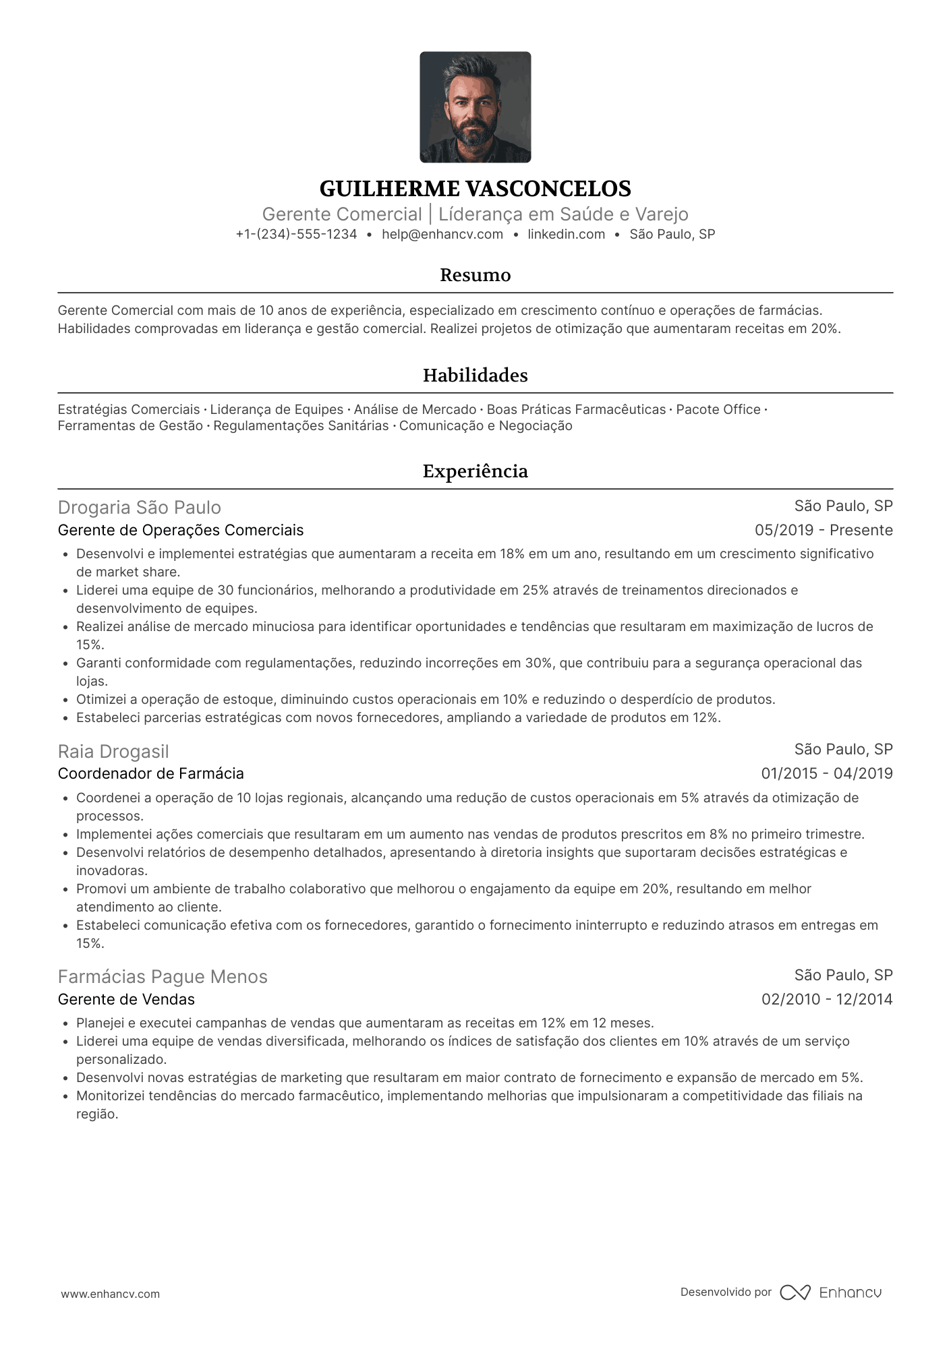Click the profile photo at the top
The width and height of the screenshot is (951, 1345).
(475, 107)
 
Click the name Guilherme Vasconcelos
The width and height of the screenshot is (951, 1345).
(475, 188)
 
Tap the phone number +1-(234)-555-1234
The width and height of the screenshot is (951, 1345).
(296, 235)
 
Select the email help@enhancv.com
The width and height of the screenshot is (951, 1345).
(442, 235)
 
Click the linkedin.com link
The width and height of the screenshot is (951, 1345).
(566, 235)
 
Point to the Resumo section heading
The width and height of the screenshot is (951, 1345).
(475, 275)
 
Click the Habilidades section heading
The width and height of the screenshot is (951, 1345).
(475, 376)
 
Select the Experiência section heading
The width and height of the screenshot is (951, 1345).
(475, 471)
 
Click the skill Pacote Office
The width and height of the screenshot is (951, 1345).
(718, 410)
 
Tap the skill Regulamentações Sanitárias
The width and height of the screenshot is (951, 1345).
(301, 426)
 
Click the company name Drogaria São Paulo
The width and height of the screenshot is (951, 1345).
(140, 507)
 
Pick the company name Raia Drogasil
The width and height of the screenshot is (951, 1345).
(113, 751)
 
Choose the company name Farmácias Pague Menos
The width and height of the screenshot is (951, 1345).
(163, 977)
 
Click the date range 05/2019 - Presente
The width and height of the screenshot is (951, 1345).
(824, 531)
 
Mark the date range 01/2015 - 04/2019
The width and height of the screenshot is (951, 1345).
(827, 774)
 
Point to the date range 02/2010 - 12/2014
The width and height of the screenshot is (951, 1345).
(827, 1000)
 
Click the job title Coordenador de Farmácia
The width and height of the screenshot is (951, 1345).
(151, 774)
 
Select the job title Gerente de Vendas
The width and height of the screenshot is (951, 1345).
(126, 1000)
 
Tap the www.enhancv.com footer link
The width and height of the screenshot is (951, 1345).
(111, 1294)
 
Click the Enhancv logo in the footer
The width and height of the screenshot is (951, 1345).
(831, 1292)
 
